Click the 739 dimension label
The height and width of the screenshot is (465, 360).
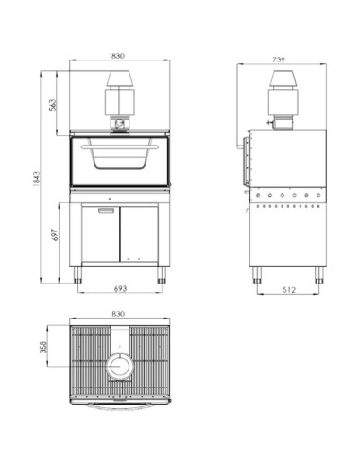point(278,60)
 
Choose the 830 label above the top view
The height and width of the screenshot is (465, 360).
point(118,314)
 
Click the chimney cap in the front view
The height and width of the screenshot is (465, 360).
point(118,80)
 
